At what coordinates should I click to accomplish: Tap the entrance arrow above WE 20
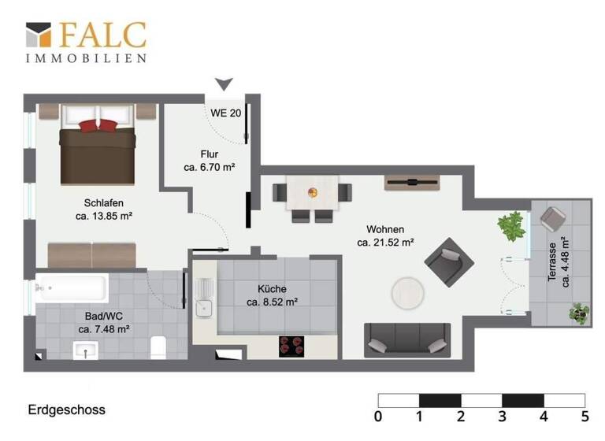click(225, 83)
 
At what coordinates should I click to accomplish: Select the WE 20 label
click(225, 113)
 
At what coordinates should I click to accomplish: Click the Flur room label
click(209, 154)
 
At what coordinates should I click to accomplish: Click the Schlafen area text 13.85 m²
click(103, 215)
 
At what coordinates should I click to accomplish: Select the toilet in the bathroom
click(158, 346)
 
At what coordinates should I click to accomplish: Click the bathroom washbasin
click(85, 350)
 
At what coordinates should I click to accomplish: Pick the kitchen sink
click(204, 298)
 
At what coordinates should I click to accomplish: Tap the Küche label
click(272, 289)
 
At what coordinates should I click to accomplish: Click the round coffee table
click(410, 294)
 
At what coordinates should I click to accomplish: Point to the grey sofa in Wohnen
click(407, 339)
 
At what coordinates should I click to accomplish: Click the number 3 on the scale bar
click(502, 416)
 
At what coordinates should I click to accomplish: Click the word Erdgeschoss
click(66, 410)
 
